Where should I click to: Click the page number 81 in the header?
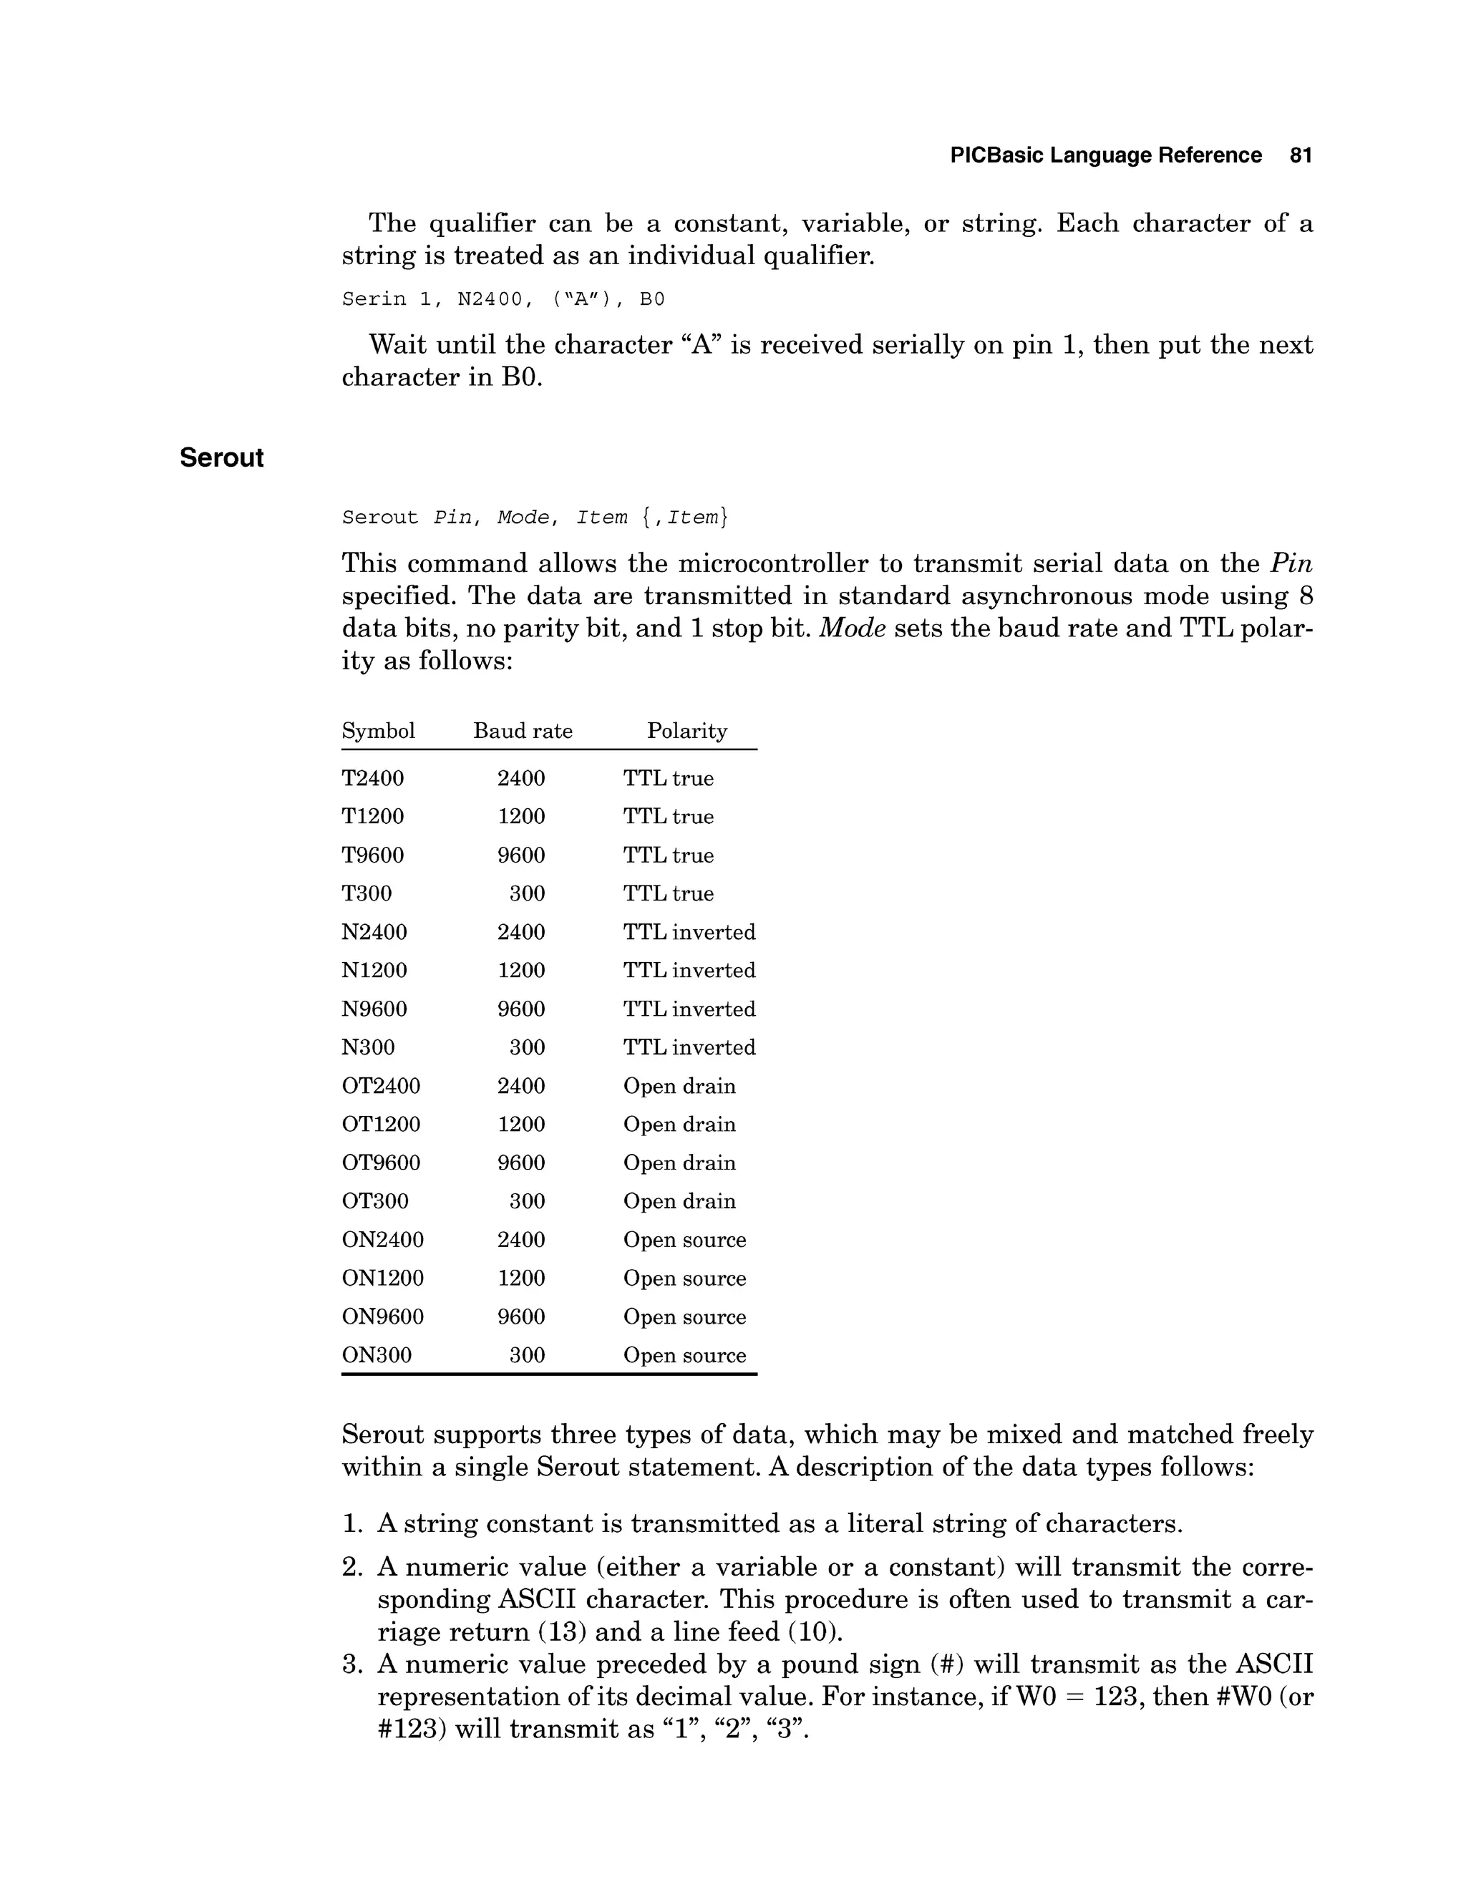coord(1300,155)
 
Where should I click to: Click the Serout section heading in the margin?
coord(221,457)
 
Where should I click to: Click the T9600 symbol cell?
coord(372,855)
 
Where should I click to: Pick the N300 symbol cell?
coord(367,1047)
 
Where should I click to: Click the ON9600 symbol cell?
coord(382,1316)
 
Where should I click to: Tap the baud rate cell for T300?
coord(526,894)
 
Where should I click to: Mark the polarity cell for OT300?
coord(679,1201)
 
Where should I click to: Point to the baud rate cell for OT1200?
coord(521,1124)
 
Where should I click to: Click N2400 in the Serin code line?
coord(490,300)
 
